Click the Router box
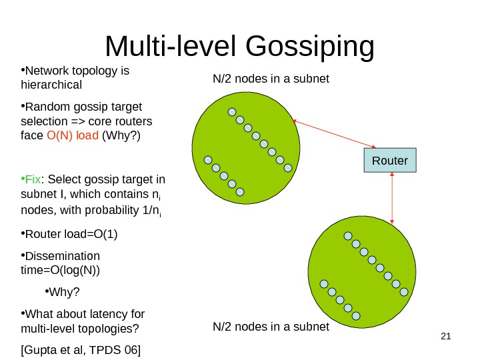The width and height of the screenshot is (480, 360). [x=389, y=161]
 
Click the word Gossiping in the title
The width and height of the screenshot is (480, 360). [x=310, y=47]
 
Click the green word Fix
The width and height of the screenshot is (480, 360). [x=33, y=179]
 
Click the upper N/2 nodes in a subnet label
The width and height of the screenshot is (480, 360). [x=271, y=79]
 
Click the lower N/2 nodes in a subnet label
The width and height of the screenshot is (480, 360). [x=271, y=327]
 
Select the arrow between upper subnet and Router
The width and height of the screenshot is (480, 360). [x=334, y=133]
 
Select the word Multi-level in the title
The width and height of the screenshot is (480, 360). [x=171, y=47]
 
